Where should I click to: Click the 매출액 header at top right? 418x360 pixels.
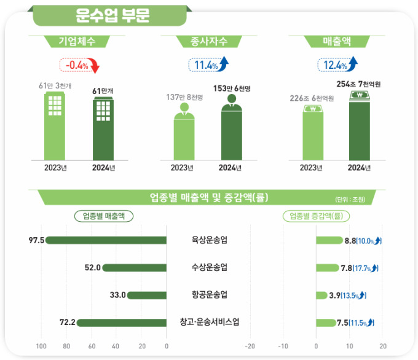click(337, 42)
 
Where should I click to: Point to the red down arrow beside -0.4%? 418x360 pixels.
click(95, 65)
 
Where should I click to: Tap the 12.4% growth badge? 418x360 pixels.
click(333, 65)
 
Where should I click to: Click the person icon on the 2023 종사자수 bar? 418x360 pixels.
click(184, 109)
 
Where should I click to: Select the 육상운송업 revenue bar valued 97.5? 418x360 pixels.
click(106, 240)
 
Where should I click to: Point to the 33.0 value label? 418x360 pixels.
click(117, 295)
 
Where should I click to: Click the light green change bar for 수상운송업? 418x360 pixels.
click(326, 268)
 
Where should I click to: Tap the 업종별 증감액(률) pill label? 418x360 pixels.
click(315, 216)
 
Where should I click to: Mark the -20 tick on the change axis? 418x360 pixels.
click(250, 346)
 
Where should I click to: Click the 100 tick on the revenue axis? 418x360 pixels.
click(42, 346)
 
